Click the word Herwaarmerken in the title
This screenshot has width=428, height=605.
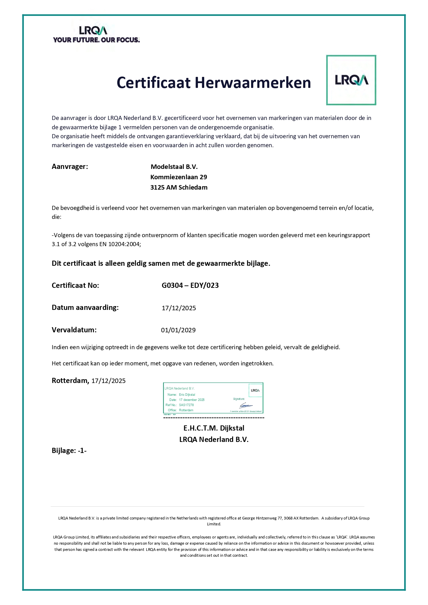(x=253, y=83)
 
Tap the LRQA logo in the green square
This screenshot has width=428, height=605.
(x=351, y=80)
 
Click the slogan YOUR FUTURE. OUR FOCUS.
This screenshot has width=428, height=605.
(x=96, y=40)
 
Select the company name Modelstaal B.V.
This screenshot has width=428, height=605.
(x=174, y=167)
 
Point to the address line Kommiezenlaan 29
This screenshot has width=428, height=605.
(x=179, y=177)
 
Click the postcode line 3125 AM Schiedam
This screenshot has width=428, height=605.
(x=179, y=188)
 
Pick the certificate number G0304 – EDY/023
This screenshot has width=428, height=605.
(x=190, y=285)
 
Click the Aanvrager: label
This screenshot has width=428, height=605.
(x=70, y=167)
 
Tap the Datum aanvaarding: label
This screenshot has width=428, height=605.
(x=85, y=307)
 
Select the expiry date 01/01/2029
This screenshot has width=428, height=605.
(x=178, y=330)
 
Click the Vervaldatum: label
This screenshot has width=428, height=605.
(x=74, y=330)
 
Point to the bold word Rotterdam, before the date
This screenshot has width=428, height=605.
(x=70, y=381)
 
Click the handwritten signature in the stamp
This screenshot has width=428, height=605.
(x=246, y=405)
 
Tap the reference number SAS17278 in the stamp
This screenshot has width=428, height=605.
(x=186, y=405)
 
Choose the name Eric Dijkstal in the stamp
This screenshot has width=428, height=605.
(x=187, y=395)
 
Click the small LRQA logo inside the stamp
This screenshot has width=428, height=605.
(x=255, y=390)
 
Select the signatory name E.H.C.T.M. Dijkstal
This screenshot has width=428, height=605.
(x=214, y=428)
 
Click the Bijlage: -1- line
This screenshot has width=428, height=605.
(x=69, y=451)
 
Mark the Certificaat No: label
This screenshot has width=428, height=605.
(x=75, y=285)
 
